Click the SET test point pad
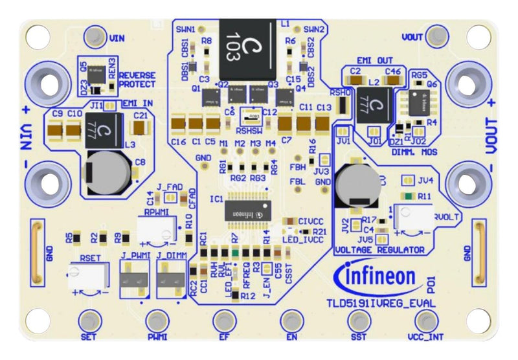click(89, 320)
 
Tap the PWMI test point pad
click(156, 320)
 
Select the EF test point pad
click(223, 320)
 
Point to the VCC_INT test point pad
click(425, 320)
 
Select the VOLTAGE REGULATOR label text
click(379, 249)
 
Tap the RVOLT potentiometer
click(412, 218)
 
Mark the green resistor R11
click(407, 196)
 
